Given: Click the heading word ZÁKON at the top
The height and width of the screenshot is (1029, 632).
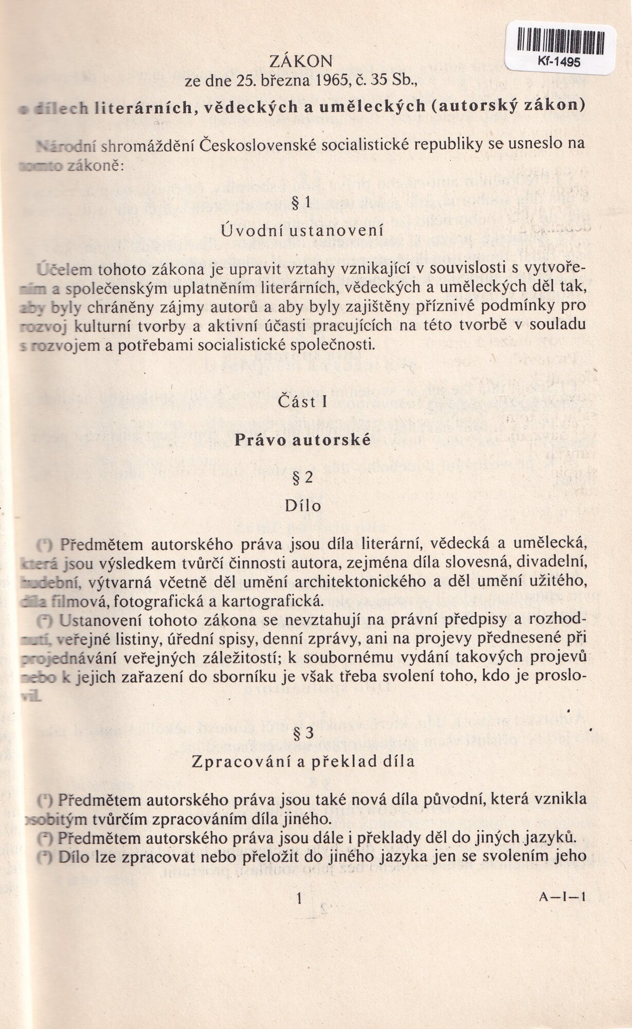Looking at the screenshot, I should point(301,62).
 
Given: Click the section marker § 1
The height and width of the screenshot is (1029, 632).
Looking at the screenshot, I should point(301,202).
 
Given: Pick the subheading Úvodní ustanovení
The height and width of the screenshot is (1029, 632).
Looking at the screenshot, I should point(302,230).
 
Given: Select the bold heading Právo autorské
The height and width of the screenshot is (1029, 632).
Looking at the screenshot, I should point(302,440).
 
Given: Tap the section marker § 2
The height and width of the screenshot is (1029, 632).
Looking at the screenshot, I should point(302,478).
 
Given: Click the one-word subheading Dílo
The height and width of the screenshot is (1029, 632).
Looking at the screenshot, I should point(303,506).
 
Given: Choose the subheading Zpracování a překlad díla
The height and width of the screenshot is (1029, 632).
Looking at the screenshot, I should point(303,761).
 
